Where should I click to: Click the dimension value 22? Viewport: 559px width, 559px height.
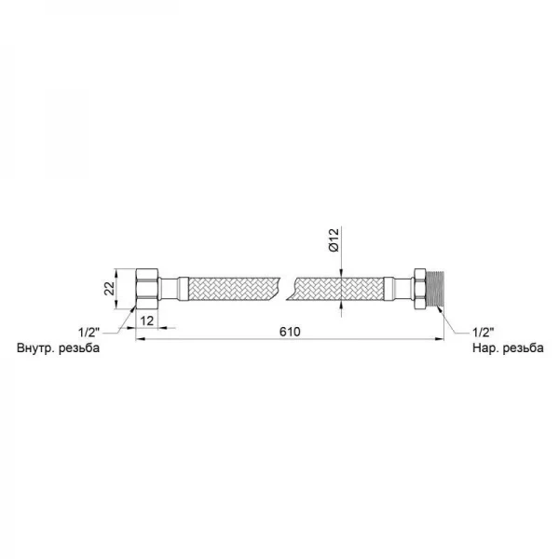coord(111,289)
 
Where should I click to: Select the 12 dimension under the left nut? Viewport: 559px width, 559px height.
coord(147,320)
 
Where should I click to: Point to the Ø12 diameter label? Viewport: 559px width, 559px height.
coord(334,240)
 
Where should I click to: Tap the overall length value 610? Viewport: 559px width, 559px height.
coord(290,332)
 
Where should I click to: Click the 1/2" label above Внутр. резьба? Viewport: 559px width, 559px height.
coord(89,333)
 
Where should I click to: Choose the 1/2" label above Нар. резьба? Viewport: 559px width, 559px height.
coord(483,333)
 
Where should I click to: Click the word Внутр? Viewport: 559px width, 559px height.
coord(35,348)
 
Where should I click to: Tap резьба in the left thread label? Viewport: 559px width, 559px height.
coord(79,348)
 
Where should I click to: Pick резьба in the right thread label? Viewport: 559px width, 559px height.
coord(524,348)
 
